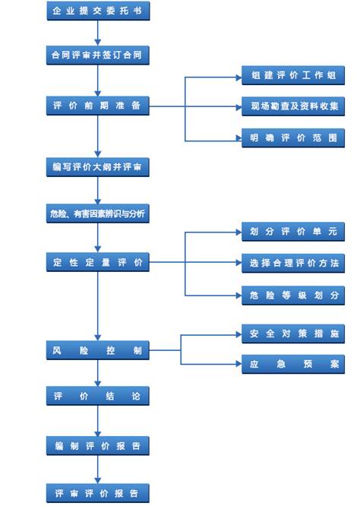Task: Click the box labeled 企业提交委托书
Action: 98,11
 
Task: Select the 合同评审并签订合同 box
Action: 98,55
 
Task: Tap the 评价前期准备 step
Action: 98,106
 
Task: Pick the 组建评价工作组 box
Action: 293,75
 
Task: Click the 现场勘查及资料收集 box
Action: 293,106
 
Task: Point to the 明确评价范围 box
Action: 293,138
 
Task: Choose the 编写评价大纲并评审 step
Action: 98,167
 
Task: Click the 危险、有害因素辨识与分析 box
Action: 98,213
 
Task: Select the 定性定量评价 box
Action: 98,262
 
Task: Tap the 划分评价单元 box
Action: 293,232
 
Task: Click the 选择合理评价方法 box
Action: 293,264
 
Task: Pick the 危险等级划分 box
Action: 293,296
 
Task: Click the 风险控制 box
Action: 98,350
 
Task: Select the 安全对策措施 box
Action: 293,334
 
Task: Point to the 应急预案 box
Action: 293,365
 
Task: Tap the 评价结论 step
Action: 98,396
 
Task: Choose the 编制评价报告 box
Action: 98,446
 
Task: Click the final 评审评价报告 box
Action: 98,493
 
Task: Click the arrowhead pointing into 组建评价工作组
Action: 239,77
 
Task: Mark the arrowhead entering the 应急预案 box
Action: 239,365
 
